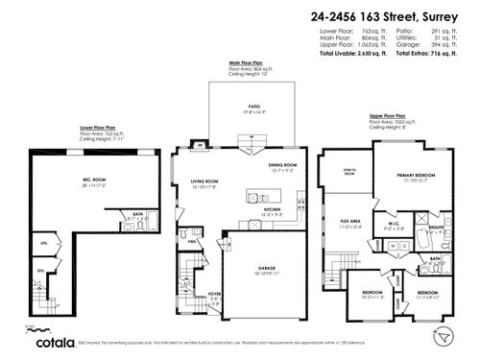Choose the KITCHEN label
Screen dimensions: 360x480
[272, 208]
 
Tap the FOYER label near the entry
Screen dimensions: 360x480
[214, 295]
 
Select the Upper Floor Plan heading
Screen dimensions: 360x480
[388, 117]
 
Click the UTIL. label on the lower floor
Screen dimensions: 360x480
[43, 245]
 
